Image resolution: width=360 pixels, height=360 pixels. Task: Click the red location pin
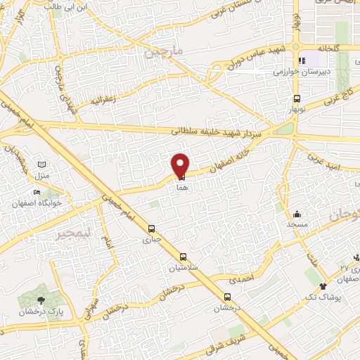(180, 165)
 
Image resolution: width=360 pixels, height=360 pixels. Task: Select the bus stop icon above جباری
(152, 228)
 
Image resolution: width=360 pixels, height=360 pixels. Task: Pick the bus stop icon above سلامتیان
(183, 257)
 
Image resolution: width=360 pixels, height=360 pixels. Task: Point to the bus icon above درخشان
(226, 296)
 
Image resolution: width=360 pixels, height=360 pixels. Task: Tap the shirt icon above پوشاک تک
(323, 286)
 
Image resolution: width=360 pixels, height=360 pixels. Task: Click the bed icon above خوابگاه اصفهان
(37, 192)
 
